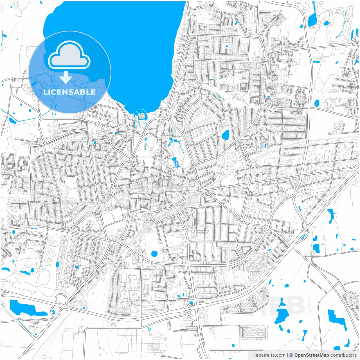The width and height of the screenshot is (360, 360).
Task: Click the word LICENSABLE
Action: click(69, 92)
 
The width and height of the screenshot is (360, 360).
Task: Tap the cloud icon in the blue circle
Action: click(69, 55)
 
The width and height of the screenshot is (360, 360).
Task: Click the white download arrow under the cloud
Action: click(66, 77)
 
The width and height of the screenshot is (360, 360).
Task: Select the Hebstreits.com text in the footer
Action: click(269, 355)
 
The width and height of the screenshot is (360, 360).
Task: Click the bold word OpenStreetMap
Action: click(312, 355)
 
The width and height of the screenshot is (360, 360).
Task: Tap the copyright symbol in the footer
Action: click(291, 355)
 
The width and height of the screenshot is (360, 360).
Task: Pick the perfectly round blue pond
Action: click(154, 254)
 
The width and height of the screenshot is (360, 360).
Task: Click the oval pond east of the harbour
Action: click(226, 135)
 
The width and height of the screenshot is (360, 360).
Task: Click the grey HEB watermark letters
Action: click(284, 305)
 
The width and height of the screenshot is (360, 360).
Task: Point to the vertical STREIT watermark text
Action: click(310, 304)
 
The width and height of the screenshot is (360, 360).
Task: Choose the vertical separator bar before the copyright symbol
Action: click(287, 355)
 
